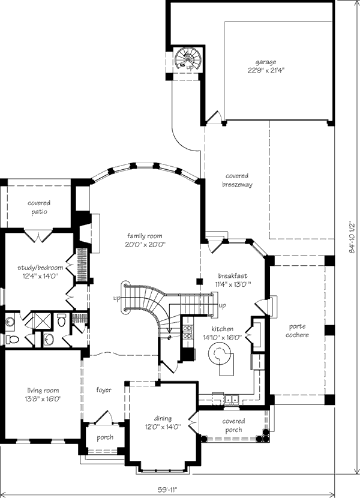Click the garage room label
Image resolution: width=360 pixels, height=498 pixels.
coord(266,62)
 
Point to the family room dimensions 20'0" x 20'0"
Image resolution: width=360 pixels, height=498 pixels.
coord(145,244)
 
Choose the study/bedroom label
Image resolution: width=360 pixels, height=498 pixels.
coord(40,268)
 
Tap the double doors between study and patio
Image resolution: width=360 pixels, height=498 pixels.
coord(38,235)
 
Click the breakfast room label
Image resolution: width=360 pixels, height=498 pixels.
coord(233,275)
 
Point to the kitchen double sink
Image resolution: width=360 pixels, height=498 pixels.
coord(231,398)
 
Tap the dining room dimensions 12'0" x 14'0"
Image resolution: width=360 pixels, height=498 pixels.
coord(163,427)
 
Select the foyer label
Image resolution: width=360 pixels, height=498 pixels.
coord(104,389)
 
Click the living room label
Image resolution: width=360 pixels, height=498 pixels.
coord(43,391)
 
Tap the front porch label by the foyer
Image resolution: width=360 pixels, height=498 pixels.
coord(105,437)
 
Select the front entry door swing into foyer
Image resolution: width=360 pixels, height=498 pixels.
coord(104,416)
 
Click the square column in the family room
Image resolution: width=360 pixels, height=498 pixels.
coord(200,281)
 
